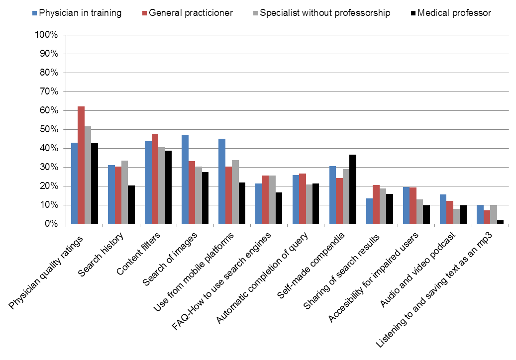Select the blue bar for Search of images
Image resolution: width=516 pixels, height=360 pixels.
(x=185, y=180)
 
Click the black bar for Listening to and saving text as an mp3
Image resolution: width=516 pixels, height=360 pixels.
(x=500, y=222)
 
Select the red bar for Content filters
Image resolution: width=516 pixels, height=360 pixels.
(x=155, y=179)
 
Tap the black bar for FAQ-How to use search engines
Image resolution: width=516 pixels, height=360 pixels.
(x=279, y=208)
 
